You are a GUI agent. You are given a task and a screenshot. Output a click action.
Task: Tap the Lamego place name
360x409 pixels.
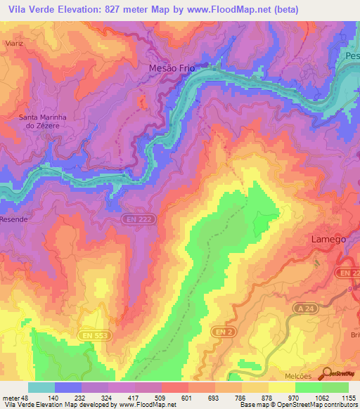pyautogui.click(x=328, y=239)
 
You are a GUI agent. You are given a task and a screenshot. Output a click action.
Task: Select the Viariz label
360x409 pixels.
pyautogui.click(x=13, y=43)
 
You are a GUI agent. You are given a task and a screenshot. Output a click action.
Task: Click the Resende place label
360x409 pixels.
pyautogui.click(x=13, y=219)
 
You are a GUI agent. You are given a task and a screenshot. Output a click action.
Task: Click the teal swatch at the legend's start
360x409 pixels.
pyautogui.click(x=41, y=387)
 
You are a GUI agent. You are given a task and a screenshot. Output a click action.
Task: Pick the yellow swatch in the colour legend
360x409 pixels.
pyautogui.click(x=281, y=387)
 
